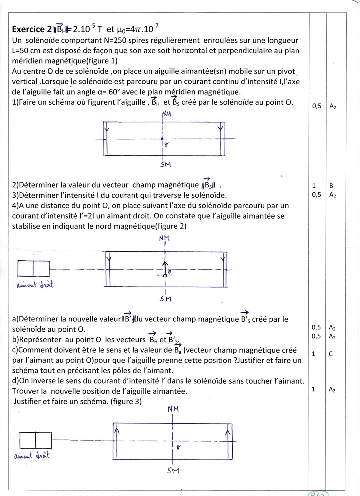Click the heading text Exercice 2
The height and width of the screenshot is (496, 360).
click(x=31, y=29)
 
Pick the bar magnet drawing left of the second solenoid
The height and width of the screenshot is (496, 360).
click(x=34, y=269)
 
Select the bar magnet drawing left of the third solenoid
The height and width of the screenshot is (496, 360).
click(x=35, y=440)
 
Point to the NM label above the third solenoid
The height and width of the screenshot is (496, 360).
click(x=173, y=409)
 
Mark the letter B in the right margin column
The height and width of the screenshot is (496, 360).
click(x=331, y=185)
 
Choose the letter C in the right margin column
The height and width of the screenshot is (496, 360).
click(x=331, y=354)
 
